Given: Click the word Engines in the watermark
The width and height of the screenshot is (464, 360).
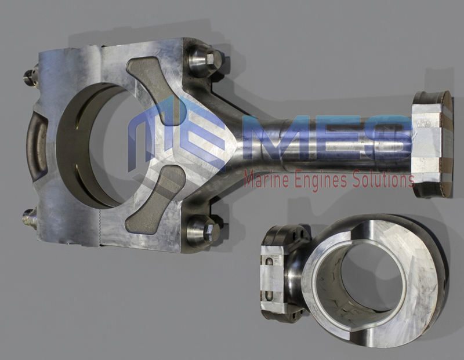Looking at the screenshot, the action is [321, 180].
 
